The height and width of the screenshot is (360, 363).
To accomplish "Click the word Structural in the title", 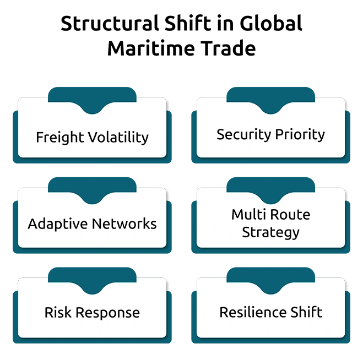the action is (x=110, y=23).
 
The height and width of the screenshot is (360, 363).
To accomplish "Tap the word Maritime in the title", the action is (x=151, y=48).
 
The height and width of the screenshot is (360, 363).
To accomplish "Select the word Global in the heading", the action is (x=271, y=23).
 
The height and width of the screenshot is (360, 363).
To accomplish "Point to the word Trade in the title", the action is (x=228, y=48).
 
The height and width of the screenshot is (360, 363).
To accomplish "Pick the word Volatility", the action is (x=119, y=137).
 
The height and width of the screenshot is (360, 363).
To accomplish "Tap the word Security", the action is (x=244, y=135).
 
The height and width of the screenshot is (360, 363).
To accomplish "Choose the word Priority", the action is (x=300, y=135).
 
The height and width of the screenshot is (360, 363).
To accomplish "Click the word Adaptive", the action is (x=58, y=224).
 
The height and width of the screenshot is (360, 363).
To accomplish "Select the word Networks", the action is (x=124, y=224).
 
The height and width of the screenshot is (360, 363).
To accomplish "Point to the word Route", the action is (x=290, y=215).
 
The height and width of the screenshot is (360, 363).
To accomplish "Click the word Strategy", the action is (x=270, y=233).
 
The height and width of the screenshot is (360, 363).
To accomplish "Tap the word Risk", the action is (x=58, y=313).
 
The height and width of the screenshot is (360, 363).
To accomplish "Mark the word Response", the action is (x=107, y=313).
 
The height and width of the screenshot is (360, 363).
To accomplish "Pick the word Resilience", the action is (x=253, y=312).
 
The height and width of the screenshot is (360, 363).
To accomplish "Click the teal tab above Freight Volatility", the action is (x=92, y=99).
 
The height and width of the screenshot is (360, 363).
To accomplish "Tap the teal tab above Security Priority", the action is (x=270, y=99).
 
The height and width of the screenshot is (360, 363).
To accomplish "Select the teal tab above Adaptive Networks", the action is (x=92, y=189).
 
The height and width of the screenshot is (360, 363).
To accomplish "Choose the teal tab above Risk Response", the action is (x=92, y=279).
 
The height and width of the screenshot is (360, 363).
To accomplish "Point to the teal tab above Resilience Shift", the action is (x=270, y=279).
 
